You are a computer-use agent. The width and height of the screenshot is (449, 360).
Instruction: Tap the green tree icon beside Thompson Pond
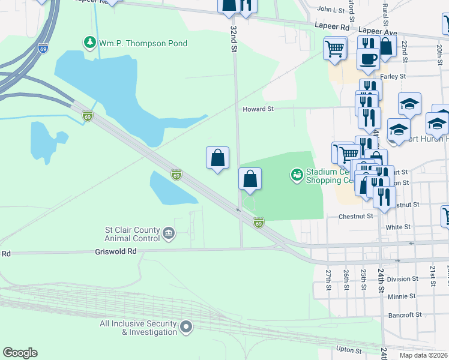tap(89, 43)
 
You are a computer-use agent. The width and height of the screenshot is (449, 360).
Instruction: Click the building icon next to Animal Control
tap(169, 233)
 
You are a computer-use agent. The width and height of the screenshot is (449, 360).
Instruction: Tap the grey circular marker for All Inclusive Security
tap(186, 327)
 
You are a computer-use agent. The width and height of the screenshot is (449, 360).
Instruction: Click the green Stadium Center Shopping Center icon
tap(296, 175)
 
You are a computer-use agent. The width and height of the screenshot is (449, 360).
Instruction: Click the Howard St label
tap(258, 109)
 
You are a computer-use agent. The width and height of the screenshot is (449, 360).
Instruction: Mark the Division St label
tap(402, 279)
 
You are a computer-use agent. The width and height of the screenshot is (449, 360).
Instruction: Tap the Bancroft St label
tap(402, 314)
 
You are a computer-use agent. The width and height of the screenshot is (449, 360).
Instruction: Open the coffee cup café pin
tap(368, 58)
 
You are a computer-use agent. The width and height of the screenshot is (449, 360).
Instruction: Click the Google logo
tap(20, 353)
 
